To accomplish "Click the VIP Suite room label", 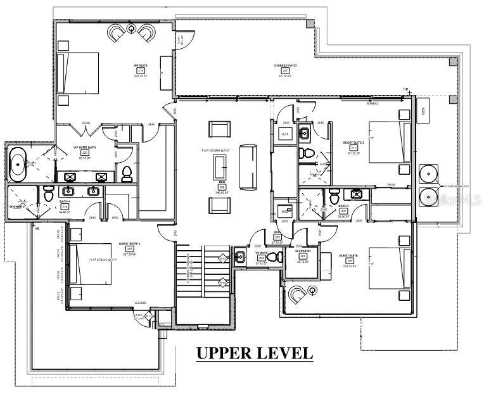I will tap(140, 65).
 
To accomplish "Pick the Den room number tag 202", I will tap(222, 187).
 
